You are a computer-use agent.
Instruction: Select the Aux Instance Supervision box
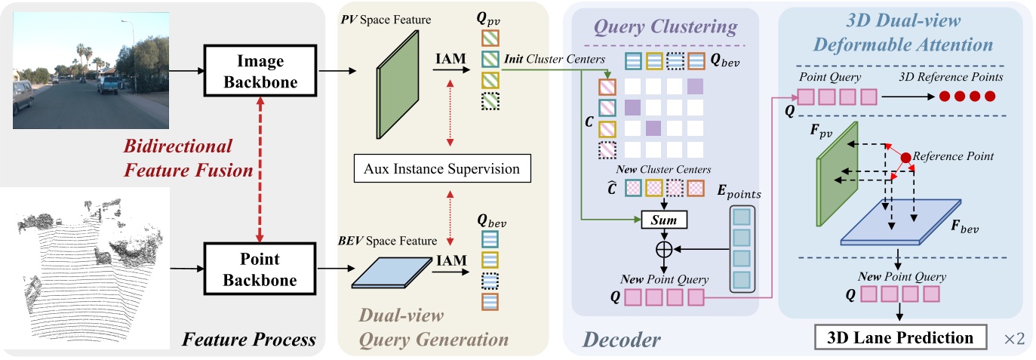point(443,169)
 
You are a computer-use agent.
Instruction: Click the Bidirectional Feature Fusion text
point(178,158)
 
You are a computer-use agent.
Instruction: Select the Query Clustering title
point(664,27)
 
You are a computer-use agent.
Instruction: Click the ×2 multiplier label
point(1013,339)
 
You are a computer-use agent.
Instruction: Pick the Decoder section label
point(623,340)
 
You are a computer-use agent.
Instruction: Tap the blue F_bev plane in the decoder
point(901,223)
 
